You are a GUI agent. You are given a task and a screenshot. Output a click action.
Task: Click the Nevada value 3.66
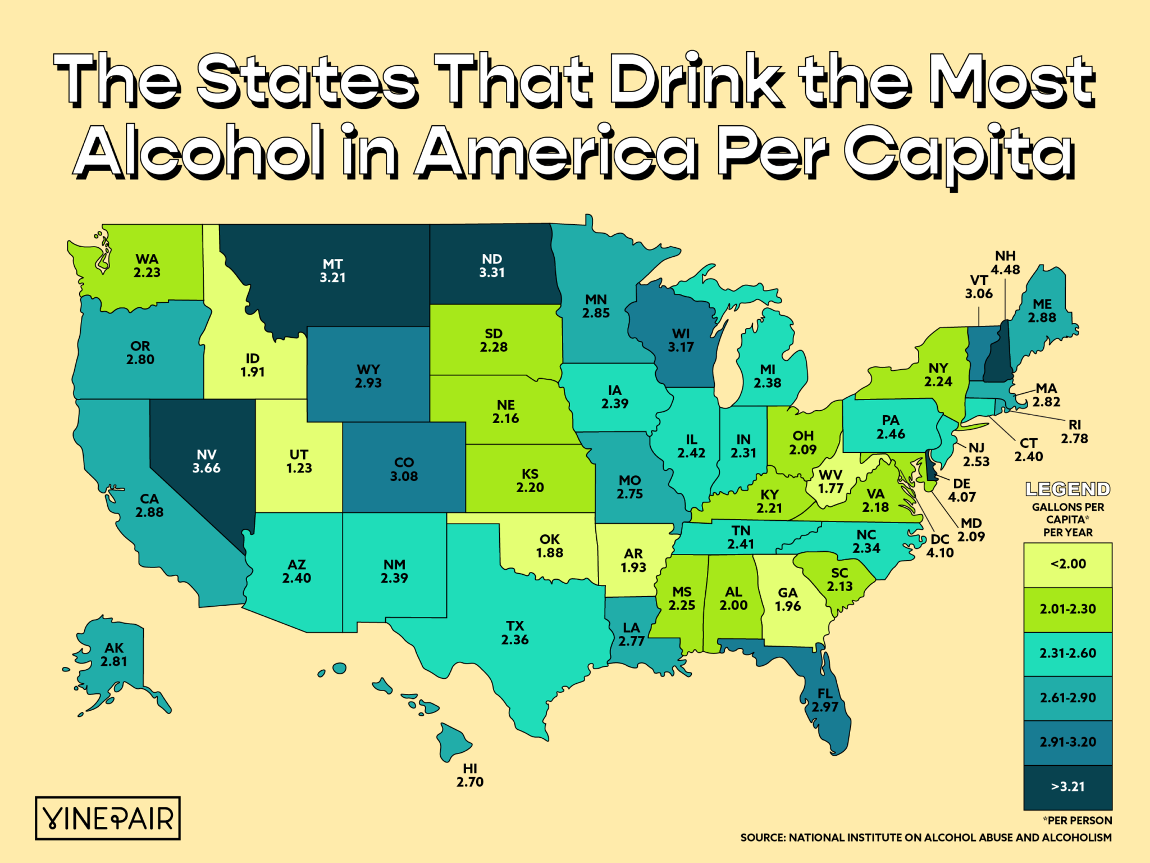pos(206,468)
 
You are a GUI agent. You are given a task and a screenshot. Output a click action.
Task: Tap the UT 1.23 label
pos(299,461)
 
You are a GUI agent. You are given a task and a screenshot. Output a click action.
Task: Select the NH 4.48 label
pos(1005,263)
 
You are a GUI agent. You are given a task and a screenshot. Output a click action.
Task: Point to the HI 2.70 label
pos(469,775)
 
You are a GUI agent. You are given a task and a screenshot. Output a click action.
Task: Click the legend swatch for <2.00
pos(1067,564)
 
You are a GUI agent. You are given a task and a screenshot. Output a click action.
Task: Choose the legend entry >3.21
pos(1067,787)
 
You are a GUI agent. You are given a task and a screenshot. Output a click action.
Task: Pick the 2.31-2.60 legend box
pos(1067,653)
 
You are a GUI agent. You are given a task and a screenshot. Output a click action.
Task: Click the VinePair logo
pos(108,818)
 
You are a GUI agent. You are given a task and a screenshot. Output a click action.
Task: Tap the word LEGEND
pos(1067,489)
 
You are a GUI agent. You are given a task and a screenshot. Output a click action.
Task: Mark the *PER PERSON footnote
pos(1077,820)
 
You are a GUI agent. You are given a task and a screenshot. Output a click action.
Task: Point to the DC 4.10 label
pos(939,546)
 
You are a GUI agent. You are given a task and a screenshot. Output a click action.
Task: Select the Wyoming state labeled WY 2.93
pos(368,376)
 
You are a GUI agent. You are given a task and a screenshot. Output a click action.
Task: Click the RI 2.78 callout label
pos(1074,431)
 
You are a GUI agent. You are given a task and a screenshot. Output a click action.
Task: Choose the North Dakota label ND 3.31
pos(492,266)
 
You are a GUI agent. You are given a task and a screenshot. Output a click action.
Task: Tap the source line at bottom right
pos(925,838)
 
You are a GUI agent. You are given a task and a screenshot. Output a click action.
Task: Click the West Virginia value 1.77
pos(830,488)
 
